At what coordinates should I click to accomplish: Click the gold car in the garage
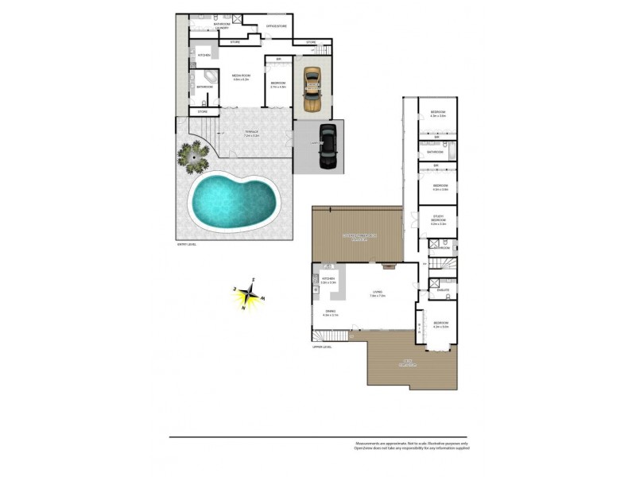coord(312,89)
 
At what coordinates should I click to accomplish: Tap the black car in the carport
coord(327,147)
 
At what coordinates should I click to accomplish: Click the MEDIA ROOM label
coord(242,77)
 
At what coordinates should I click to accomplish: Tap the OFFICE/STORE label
coord(276,27)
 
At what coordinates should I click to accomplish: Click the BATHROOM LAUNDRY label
coord(222,25)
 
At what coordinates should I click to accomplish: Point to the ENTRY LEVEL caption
coord(187,244)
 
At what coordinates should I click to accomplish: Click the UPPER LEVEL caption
coord(322,347)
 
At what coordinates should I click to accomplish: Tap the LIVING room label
coord(378,293)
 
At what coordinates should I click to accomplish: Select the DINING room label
coord(330,312)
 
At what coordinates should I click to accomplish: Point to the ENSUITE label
coord(443,290)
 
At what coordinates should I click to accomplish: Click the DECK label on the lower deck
coord(408,364)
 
